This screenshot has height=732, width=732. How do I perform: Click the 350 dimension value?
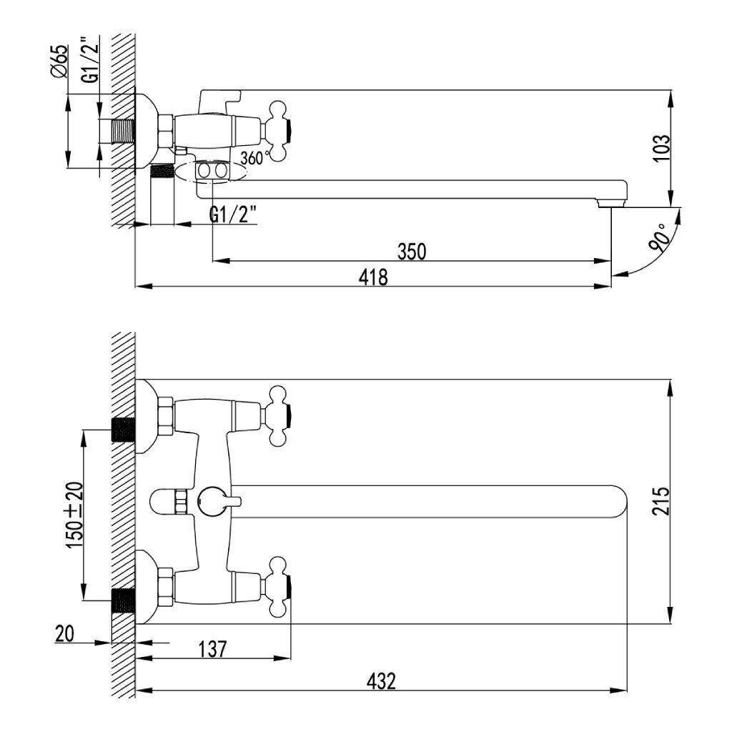point(412,252)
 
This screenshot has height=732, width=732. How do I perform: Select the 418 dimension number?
point(373,277)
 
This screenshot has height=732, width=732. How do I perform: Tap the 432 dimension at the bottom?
point(381,681)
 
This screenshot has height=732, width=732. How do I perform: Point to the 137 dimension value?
point(212,649)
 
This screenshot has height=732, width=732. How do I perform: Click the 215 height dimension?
point(661,501)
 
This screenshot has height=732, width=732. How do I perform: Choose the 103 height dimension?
point(661,148)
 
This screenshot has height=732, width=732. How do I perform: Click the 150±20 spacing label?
point(75,515)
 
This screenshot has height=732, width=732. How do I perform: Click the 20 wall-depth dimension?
point(64,634)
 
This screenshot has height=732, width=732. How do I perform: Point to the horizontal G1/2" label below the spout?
point(233,215)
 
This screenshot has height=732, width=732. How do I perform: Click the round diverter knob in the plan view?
point(210,501)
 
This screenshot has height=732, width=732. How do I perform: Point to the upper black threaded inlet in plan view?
point(123,430)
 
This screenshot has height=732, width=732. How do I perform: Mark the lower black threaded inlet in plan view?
point(123,600)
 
